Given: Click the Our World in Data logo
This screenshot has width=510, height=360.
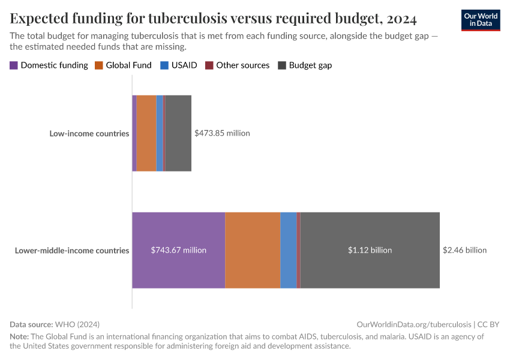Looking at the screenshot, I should pos(480,20).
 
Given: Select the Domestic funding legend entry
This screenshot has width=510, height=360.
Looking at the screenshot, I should pos(49,65).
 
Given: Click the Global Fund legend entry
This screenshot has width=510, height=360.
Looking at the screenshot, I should pos(123,65).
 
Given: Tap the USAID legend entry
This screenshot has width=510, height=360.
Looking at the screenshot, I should pos(178,65).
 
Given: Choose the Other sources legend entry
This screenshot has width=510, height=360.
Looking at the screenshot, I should pos(237,65).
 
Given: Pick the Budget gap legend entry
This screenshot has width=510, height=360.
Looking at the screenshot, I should pos(305,65).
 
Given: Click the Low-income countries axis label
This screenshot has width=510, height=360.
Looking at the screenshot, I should pos(89,133).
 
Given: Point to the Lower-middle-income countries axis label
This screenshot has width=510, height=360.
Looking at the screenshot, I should pos(72,250).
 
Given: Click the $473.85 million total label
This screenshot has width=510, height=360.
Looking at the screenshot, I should pos(222,133).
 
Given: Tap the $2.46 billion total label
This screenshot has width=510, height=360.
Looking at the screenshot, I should pos(464,250).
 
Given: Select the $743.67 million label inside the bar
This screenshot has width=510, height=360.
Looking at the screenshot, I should pos(178,250).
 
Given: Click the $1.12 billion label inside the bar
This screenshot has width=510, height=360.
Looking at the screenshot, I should pos(370,250).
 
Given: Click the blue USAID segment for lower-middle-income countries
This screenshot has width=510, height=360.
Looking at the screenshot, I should pos(289,250).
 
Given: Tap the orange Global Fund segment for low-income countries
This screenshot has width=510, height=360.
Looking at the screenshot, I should pos(146,133).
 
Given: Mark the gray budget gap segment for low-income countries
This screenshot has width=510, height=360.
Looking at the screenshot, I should pos(178,133).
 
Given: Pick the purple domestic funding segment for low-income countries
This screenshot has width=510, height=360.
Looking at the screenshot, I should pos(134,133).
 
